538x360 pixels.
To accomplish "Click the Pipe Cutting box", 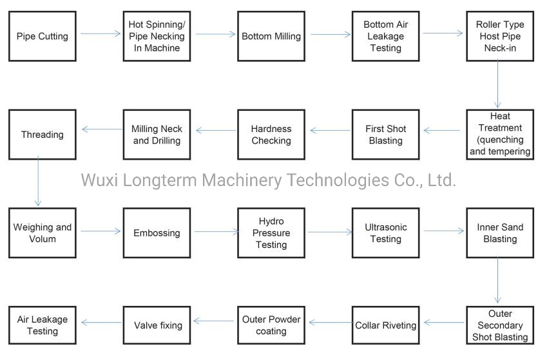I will point(42,36).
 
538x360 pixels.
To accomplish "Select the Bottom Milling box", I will point(271,36).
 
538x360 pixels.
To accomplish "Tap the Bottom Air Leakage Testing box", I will point(385,36).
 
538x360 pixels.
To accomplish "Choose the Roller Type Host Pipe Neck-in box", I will point(500,36).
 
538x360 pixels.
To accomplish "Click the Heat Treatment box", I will point(500,134).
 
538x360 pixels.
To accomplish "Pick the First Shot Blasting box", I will point(385,135).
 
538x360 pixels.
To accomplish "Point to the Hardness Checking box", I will point(271,135).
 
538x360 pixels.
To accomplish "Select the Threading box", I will point(42,135).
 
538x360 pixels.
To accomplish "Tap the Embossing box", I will point(157,232).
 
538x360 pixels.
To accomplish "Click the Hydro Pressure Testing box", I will point(271,232).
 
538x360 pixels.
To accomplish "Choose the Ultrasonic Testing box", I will point(385,232).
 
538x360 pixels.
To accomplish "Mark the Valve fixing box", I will point(157,325).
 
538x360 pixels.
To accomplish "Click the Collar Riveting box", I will point(385,325).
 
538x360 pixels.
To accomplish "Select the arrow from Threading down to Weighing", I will point(39,183).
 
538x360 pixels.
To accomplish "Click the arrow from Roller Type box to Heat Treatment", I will point(498,84).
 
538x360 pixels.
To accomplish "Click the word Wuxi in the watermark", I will point(99,180).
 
